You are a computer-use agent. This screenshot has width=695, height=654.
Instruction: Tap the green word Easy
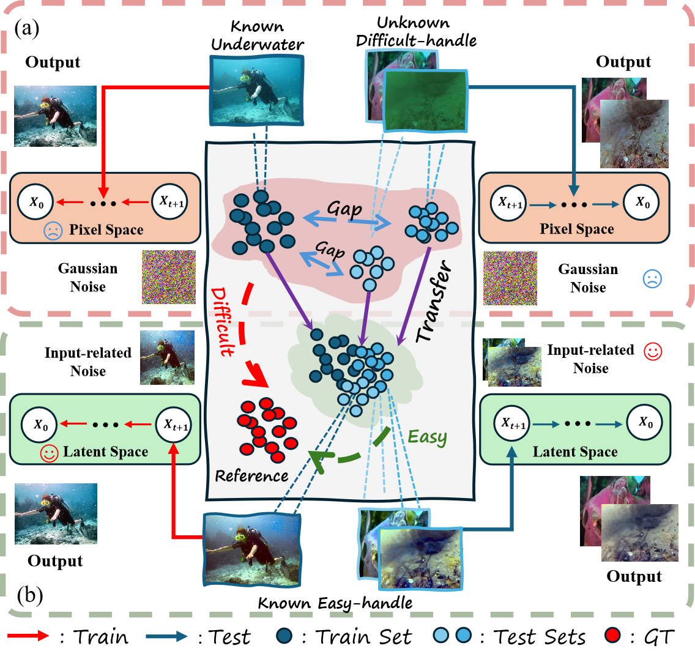click(x=427, y=437)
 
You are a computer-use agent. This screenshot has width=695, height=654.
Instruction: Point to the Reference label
click(x=251, y=475)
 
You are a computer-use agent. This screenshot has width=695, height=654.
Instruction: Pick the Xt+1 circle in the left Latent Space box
click(x=174, y=424)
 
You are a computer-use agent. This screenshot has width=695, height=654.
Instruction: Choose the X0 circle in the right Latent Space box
click(x=643, y=422)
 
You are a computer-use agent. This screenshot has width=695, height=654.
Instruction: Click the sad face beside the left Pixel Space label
click(x=53, y=231)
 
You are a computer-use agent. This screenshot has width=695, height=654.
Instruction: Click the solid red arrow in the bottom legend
click(x=28, y=636)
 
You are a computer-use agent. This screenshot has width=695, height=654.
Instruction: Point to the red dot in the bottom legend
click(x=612, y=636)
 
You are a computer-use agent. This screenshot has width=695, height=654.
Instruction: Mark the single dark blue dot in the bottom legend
click(x=284, y=636)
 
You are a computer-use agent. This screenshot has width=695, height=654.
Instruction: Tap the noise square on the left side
click(x=169, y=277)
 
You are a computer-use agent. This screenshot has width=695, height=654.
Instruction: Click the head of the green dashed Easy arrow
click(x=315, y=456)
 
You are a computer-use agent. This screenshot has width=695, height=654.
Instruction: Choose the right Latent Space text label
click(x=575, y=452)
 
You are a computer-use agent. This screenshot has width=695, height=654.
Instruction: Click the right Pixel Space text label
click(x=577, y=229)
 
